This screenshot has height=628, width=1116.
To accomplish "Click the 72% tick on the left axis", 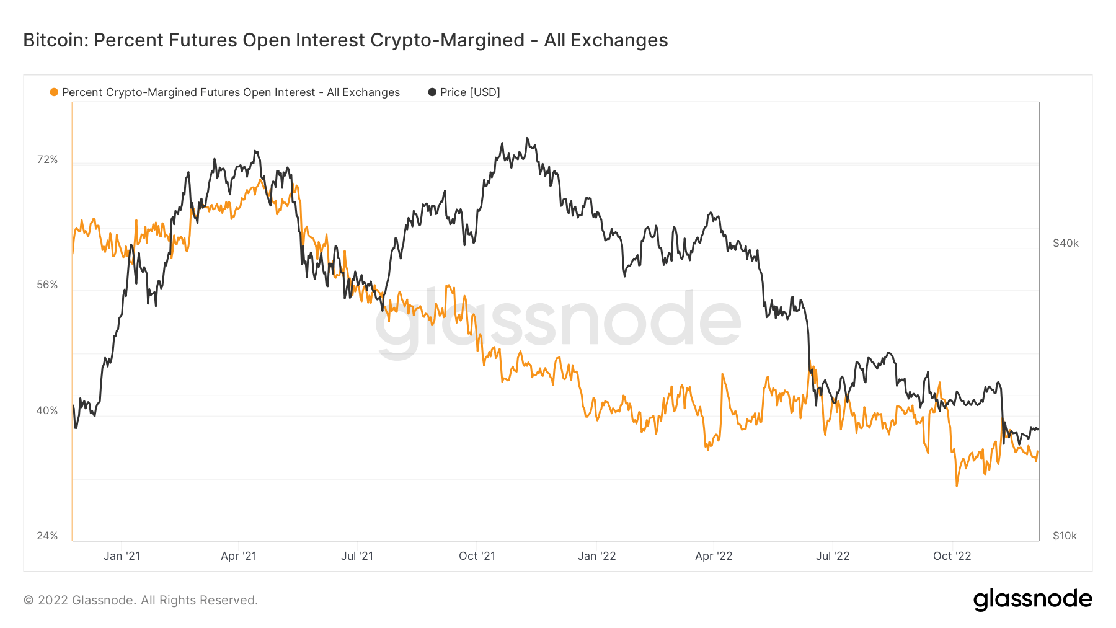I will point(47,160).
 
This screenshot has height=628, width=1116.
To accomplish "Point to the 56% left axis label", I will point(47,285).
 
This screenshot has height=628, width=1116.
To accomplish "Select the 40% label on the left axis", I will point(47,410).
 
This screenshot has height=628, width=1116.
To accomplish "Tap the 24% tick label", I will point(47,536).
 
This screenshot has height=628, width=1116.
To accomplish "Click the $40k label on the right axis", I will point(1065,243).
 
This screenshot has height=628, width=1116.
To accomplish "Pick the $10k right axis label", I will point(1065,536).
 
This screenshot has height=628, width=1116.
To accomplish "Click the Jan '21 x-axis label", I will point(122,556).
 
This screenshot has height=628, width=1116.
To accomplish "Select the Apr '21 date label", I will point(239,556).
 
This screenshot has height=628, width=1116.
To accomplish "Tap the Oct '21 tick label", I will point(477,556).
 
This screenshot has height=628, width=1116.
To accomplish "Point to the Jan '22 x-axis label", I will point(596,556).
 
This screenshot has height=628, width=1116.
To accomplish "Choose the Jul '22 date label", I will point(833,556).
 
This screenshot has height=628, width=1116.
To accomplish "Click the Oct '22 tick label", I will point(952,556).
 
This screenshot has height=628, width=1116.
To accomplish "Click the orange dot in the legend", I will point(54,92).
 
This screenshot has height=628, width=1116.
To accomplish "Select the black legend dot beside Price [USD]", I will point(432,92).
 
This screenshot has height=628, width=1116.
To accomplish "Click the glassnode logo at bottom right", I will point(1032,599).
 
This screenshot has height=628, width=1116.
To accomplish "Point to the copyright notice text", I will point(141,600).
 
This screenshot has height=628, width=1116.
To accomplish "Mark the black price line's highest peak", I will point(527,138).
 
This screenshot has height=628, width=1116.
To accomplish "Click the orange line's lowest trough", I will point(957,485).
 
